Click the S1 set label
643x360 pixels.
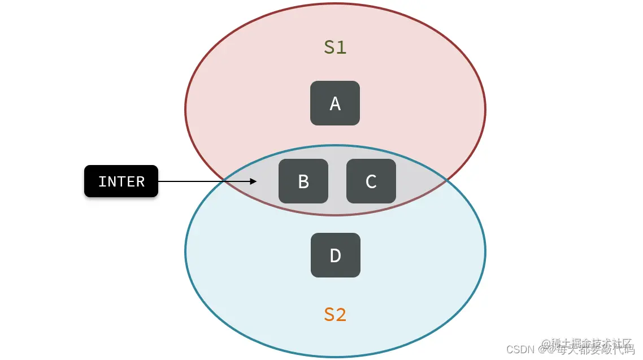click(335, 47)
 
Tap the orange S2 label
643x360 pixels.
click(335, 315)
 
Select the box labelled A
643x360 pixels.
click(335, 103)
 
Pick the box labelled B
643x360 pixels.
click(303, 181)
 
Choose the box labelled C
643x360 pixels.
click(371, 181)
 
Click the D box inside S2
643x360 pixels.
click(335, 255)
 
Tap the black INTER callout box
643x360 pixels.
click(121, 181)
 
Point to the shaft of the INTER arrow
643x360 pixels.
click(203, 181)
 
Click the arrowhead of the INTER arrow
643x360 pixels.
click(254, 181)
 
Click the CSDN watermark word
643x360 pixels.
click(520, 349)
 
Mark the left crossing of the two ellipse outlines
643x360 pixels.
click(225, 179)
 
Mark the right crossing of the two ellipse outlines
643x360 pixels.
click(446, 179)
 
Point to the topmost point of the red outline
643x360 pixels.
click(335, 3)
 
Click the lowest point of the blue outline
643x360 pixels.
click(335, 357)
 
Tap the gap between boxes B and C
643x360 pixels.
click(337, 181)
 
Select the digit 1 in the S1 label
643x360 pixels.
click(341, 47)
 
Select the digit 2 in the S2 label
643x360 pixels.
click(341, 315)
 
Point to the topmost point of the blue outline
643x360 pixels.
click(335, 146)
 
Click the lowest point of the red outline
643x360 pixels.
click(335, 215)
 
